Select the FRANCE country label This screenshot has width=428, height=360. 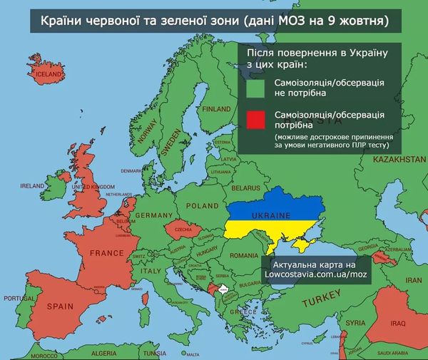(x=107, y=252)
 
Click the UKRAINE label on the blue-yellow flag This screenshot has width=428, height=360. (x=272, y=215)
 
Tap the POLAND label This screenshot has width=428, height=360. (x=203, y=205)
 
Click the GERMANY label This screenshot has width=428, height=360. (x=154, y=215)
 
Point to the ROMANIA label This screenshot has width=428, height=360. (x=244, y=254)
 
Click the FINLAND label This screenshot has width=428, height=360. (x=217, y=110)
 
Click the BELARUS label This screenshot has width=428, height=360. (x=247, y=187)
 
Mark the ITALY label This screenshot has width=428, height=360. (x=151, y=272)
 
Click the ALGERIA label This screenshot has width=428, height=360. (x=103, y=353)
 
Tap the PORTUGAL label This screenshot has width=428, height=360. (x=17, y=298)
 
